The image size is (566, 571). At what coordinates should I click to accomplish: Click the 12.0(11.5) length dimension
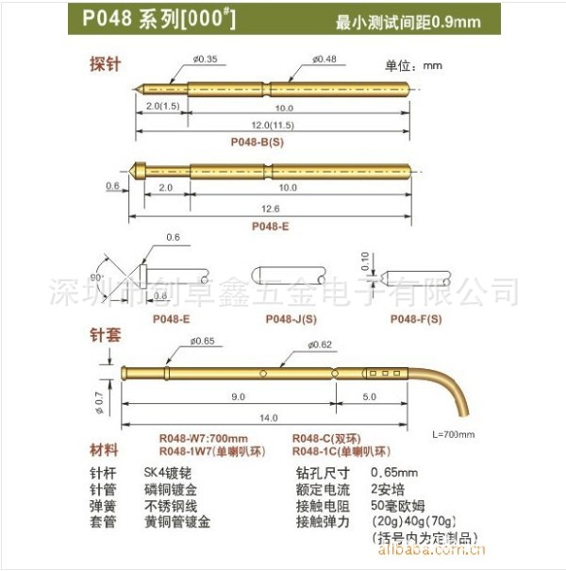pos(272,126)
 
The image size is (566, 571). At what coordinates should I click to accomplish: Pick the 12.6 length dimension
pos(270,209)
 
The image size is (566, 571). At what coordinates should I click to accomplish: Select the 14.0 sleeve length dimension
pos(270,417)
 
